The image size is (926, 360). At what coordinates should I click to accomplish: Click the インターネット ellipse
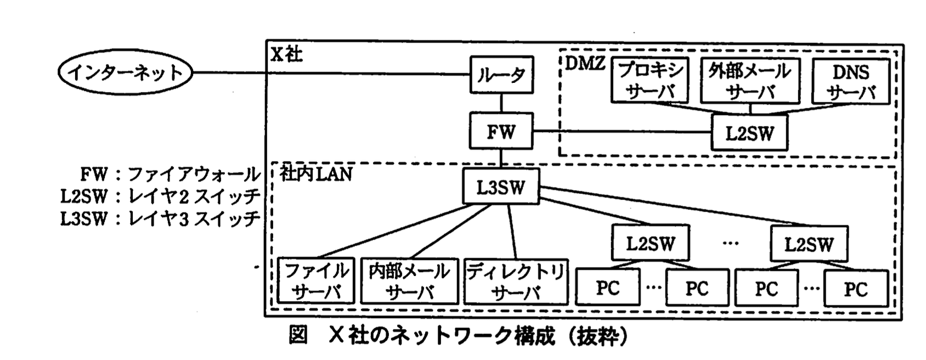pos(125,73)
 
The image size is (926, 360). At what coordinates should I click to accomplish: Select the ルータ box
pos(501,75)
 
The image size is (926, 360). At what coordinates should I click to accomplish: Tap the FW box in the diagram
pos(501,131)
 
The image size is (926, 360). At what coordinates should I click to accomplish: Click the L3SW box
pos(500,187)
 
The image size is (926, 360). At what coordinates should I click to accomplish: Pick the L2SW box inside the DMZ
pos(749,133)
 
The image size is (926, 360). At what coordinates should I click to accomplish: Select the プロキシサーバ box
pos(650,81)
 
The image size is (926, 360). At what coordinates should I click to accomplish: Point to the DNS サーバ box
pos(850,81)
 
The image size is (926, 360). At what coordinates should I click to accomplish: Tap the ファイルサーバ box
pos(316,281)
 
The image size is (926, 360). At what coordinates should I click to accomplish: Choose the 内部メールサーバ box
pos(409,281)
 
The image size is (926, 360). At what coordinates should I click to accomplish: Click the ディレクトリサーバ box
pos(516,281)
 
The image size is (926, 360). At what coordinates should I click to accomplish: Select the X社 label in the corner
pos(286,54)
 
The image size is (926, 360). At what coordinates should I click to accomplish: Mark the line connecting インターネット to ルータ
pos(329,73)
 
